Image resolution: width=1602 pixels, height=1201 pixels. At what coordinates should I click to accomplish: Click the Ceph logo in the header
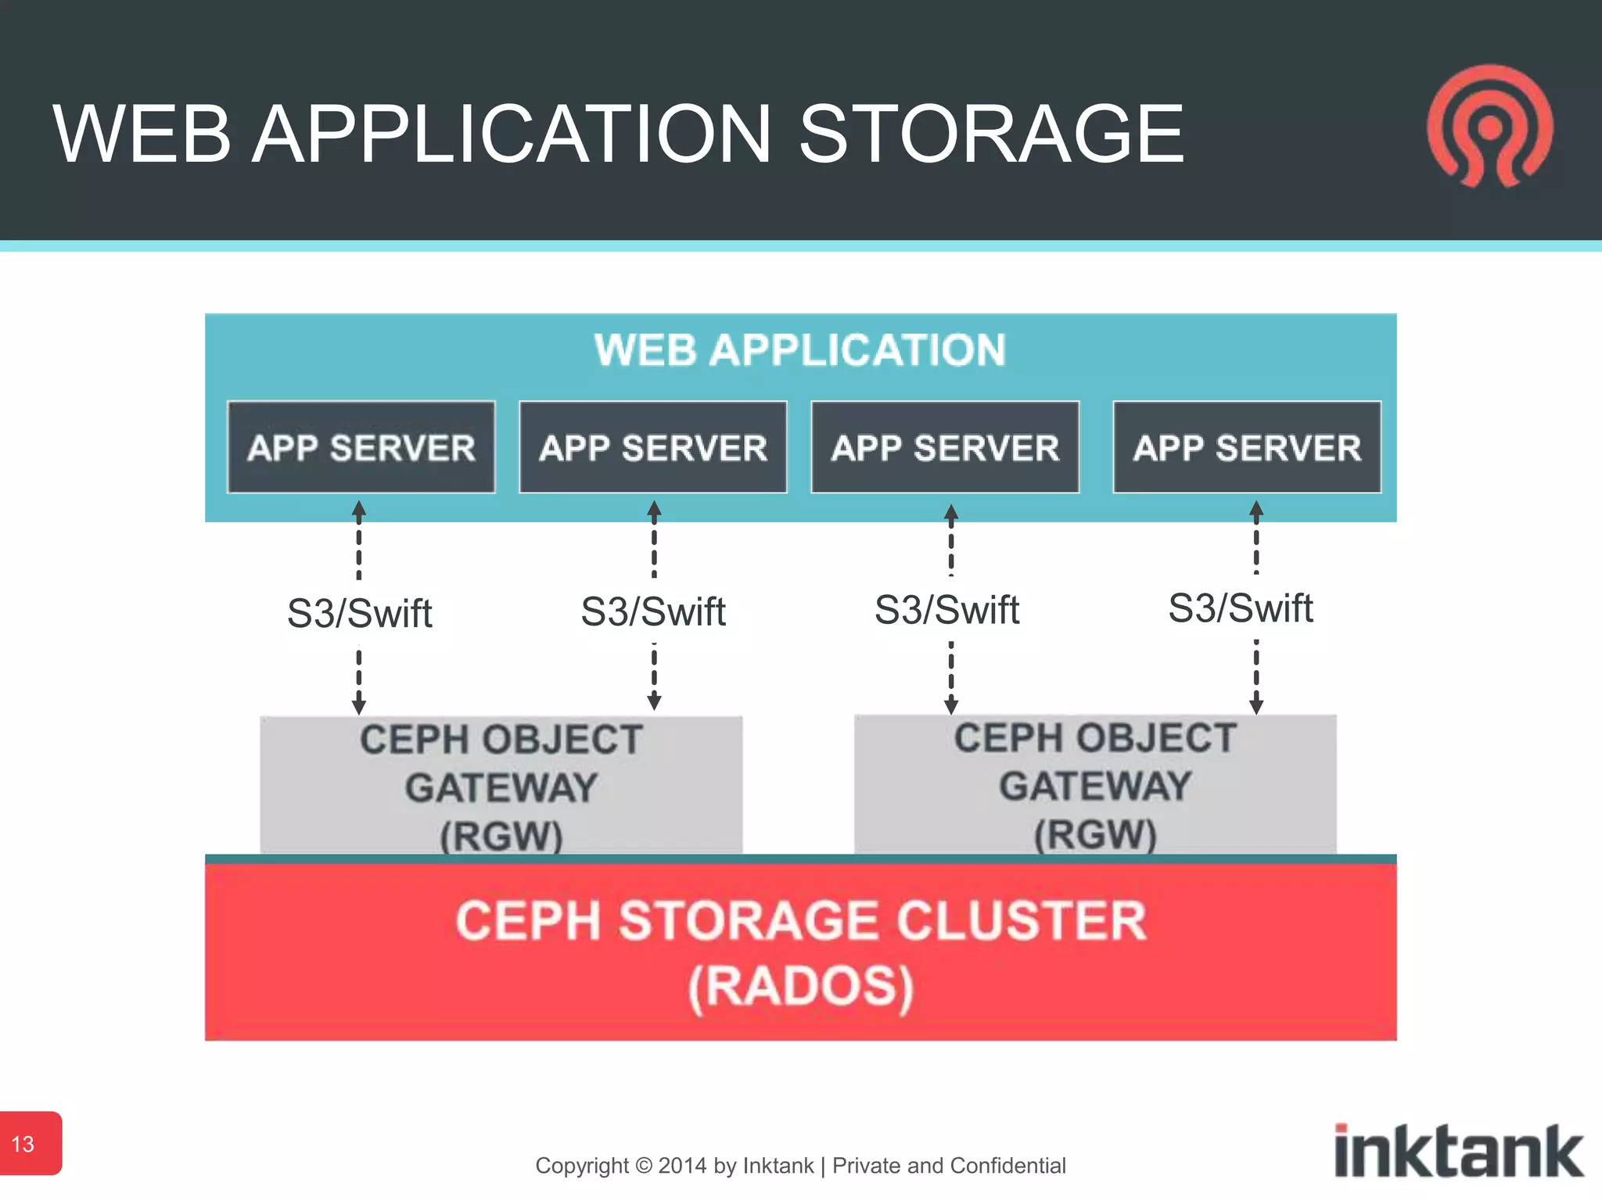coord(1490,127)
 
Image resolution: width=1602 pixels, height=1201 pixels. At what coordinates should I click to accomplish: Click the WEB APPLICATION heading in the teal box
coord(799,350)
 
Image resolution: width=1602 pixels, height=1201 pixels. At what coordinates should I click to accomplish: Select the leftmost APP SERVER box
coord(361,447)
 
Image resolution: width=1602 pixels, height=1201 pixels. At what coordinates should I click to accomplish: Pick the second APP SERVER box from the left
coord(653,447)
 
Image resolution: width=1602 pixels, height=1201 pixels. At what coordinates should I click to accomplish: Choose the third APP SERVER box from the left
coord(945,447)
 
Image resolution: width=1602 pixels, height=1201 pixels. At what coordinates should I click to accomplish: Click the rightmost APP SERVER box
coord(1247,447)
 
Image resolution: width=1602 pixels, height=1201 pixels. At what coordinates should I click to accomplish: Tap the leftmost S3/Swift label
coord(359,613)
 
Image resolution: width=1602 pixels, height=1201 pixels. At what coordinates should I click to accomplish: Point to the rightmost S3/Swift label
coord(1240,608)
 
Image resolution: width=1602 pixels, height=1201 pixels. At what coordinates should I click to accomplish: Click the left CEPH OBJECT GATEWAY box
coord(501,785)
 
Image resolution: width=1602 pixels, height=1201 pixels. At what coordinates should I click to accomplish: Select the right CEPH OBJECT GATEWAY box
coord(1095,783)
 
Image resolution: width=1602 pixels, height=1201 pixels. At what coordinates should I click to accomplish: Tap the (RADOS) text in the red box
coord(800,987)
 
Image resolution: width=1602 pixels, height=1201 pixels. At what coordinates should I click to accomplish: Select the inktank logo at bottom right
coord(1458,1151)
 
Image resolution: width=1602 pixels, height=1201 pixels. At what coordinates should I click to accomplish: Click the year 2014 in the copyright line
coord(683,1166)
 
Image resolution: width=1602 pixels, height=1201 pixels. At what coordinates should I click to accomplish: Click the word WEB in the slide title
coord(142,134)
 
